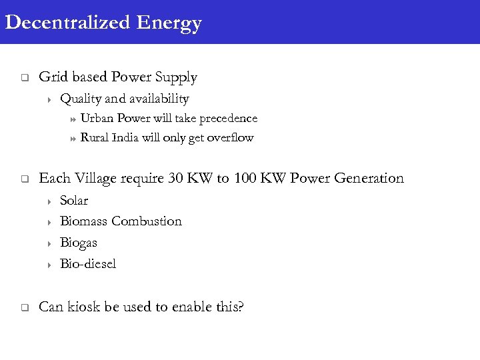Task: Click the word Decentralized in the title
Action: [67, 23]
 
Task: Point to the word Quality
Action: [79, 99]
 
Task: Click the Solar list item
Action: [74, 201]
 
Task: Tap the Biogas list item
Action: [79, 243]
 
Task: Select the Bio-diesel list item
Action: [88, 264]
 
